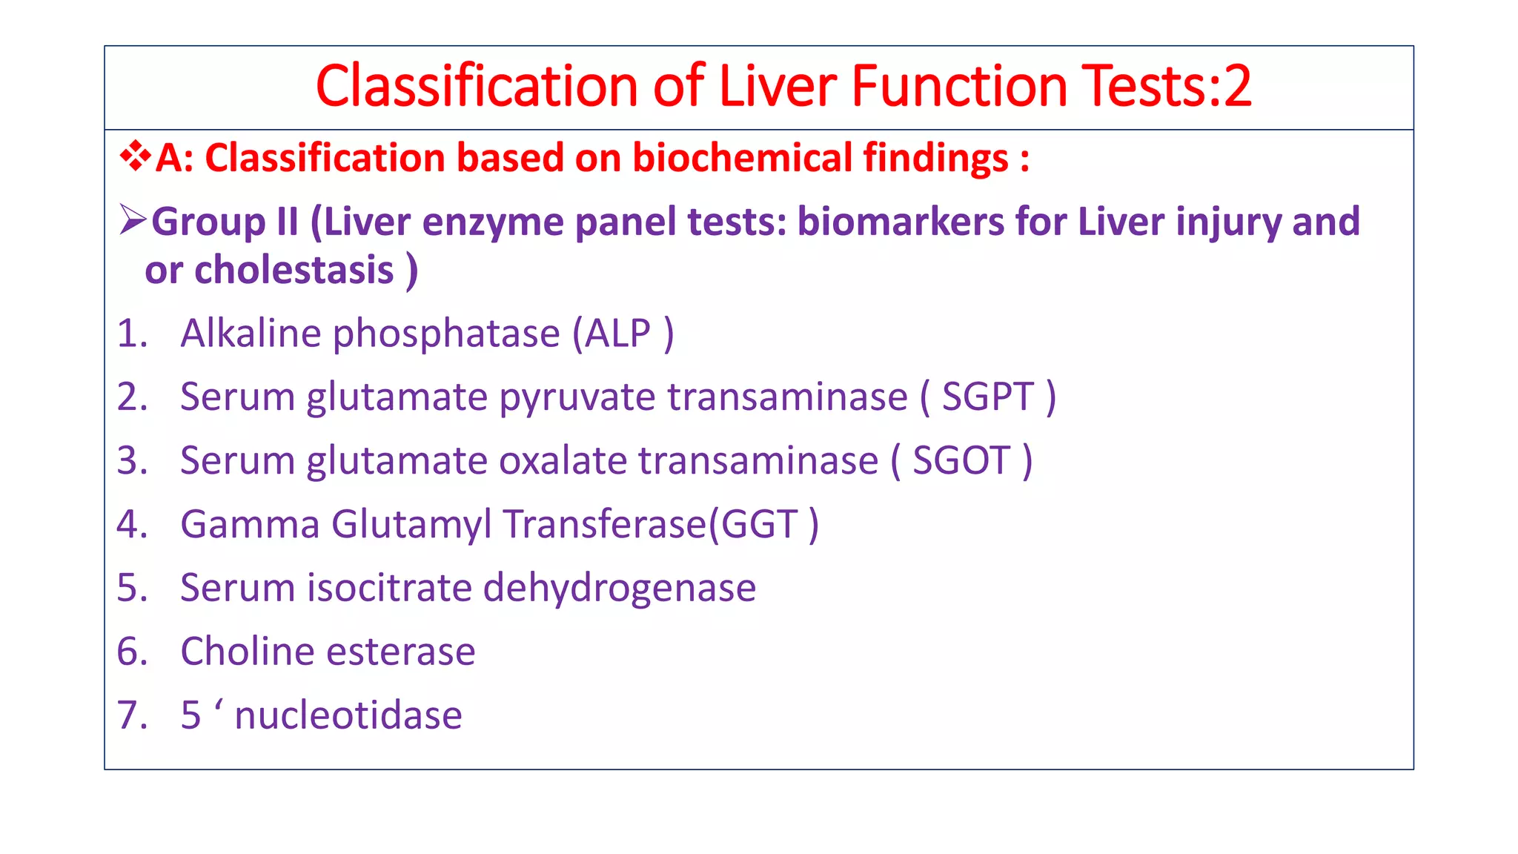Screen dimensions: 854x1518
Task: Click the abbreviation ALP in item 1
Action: pyautogui.click(x=617, y=334)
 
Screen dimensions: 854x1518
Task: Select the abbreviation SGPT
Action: pyautogui.click(x=987, y=397)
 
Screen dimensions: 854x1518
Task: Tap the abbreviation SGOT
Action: pyautogui.click(x=961, y=461)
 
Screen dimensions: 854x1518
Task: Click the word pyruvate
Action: pyautogui.click(x=578, y=398)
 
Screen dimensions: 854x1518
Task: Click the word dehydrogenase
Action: pyautogui.click(x=619, y=589)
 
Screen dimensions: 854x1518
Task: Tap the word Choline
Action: pyautogui.click(x=248, y=652)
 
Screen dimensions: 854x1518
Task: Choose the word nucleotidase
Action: pyautogui.click(x=348, y=715)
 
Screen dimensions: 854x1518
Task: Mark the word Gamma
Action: pyautogui.click(x=250, y=525)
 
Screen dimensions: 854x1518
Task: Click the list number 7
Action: pyautogui.click(x=131, y=715)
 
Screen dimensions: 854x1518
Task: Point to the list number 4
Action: pyautogui.click(x=131, y=525)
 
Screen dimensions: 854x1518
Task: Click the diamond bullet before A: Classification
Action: pyautogui.click(x=135, y=156)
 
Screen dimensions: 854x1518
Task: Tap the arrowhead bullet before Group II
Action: pyautogui.click(x=133, y=220)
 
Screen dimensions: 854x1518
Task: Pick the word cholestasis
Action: pyautogui.click(x=294, y=270)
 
